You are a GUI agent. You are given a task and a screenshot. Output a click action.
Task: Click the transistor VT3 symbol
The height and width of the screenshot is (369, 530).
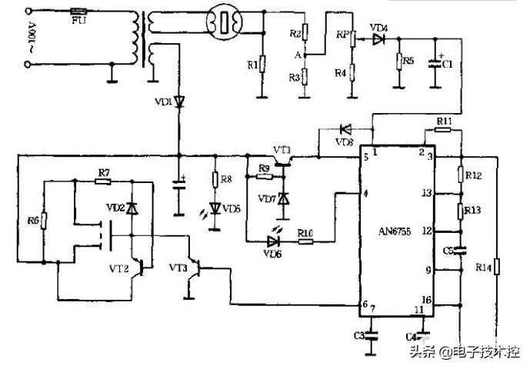[x=197, y=270]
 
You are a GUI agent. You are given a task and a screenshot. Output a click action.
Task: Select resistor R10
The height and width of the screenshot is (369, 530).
[x=306, y=241]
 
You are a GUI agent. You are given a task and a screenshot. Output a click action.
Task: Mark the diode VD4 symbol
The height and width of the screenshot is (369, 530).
[x=378, y=38]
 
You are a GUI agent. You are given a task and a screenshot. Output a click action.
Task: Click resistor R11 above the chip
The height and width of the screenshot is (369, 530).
[x=443, y=131]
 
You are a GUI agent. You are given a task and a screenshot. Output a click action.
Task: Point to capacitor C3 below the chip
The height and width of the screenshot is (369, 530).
[x=372, y=335]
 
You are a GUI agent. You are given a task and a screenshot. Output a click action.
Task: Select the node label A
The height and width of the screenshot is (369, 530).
[x=297, y=55]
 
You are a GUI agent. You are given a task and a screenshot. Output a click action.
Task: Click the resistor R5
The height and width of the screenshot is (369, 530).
[x=398, y=61]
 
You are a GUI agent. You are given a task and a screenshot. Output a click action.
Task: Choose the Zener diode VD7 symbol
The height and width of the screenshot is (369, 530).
[x=283, y=198]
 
